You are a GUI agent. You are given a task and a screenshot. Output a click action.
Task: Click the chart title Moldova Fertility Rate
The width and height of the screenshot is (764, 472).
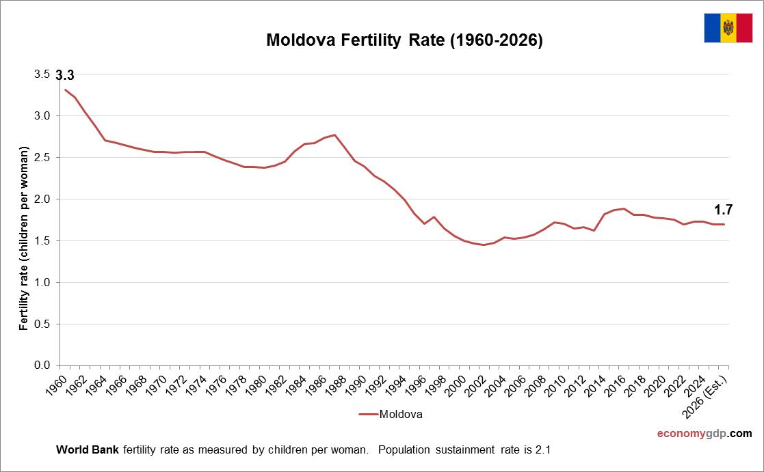(404, 41)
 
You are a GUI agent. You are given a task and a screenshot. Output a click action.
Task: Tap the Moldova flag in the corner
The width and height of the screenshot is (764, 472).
(728, 28)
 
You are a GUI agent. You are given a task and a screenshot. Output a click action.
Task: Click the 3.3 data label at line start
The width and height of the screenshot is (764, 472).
(65, 76)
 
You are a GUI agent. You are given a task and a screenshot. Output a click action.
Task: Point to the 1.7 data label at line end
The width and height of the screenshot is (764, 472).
(724, 210)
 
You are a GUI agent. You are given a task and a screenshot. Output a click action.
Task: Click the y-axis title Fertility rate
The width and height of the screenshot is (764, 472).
(25, 238)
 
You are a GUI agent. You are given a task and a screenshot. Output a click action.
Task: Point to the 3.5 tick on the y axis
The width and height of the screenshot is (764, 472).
(42, 74)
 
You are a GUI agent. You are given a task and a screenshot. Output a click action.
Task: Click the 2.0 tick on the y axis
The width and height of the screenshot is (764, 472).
(42, 199)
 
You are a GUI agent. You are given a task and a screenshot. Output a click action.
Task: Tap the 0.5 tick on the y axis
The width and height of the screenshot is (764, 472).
(42, 324)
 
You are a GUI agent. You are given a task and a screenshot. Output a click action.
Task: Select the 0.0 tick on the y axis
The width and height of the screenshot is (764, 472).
(42, 365)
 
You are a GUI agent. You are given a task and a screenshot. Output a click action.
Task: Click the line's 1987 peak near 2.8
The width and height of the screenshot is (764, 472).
(334, 135)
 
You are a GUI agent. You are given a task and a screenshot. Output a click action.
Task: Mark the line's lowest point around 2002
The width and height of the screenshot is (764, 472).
(484, 245)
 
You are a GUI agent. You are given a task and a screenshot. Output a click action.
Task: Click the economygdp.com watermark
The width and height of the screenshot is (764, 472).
(704, 434)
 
